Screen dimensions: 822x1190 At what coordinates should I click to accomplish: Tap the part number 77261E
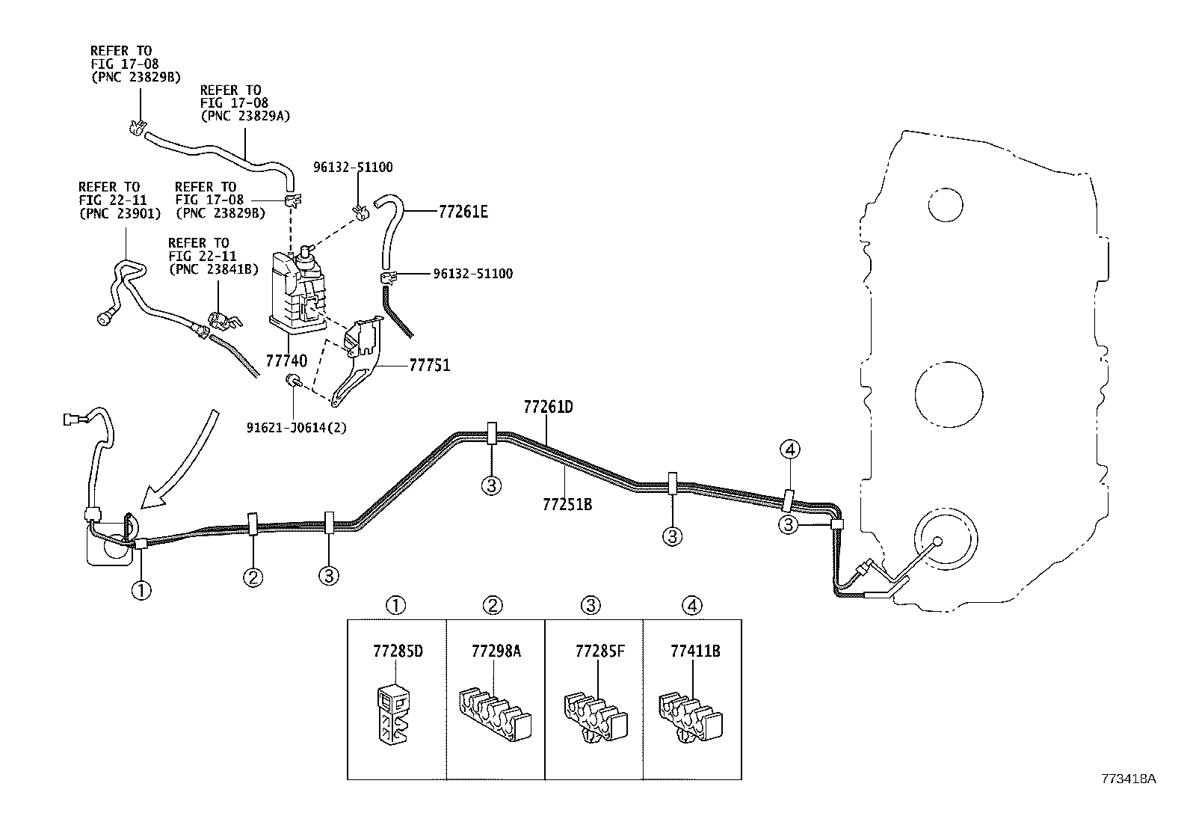tap(463, 212)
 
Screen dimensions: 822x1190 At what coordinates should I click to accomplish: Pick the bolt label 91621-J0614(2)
tap(296, 428)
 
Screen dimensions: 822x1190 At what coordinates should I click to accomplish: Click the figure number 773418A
tap(1128, 779)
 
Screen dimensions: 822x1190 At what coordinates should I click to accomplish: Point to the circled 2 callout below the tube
tap(253, 576)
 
